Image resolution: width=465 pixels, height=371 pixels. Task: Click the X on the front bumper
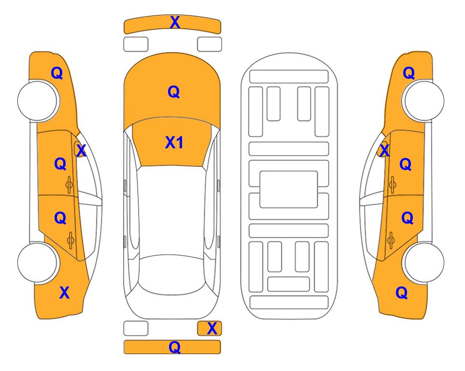tap(175, 22)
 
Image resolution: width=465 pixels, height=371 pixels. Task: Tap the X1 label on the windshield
tap(174, 143)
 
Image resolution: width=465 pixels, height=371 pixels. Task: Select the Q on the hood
tap(174, 92)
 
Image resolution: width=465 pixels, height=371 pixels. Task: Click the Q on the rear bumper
tap(175, 347)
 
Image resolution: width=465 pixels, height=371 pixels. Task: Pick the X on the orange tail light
tap(212, 328)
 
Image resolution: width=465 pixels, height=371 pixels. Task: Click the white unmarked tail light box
tap(136, 328)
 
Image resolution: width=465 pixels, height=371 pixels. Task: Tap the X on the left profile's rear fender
tap(64, 293)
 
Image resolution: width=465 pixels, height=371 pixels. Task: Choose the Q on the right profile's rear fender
tap(402, 293)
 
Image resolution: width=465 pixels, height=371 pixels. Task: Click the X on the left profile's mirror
tap(81, 151)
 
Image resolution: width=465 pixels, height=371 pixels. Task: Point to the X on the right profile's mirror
tap(384, 151)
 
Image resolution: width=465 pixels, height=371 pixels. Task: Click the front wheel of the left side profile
tap(38, 101)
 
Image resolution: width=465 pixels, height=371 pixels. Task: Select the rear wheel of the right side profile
tap(424, 262)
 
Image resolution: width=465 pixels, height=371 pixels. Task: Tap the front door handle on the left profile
tap(70, 185)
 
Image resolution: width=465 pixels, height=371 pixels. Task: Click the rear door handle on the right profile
tap(391, 241)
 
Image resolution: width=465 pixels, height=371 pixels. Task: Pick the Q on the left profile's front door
tap(60, 164)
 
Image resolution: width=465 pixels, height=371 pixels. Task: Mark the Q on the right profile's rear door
tap(407, 218)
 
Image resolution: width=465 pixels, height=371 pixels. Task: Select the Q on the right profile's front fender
tap(409, 73)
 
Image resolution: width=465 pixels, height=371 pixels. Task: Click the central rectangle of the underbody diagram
tap(289, 189)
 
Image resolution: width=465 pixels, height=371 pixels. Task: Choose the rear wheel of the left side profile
tap(38, 262)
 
